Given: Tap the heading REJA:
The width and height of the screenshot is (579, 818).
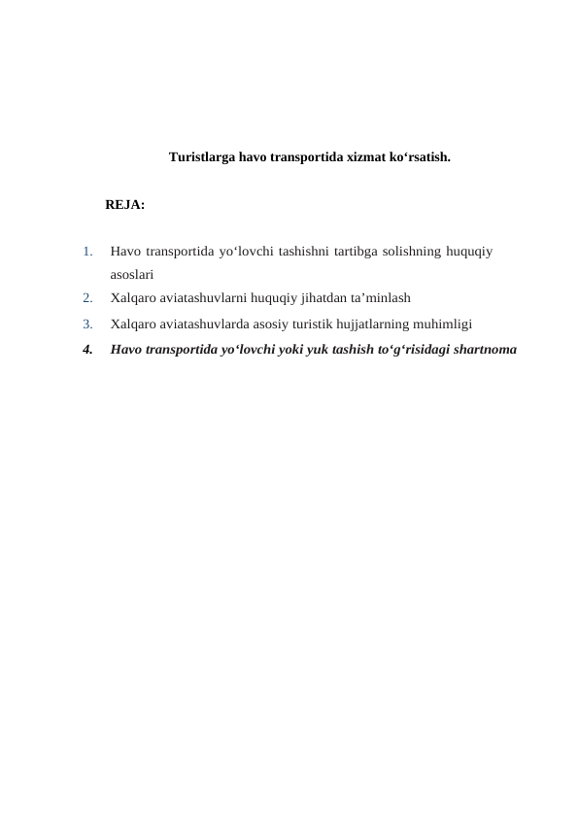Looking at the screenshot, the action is [125, 206].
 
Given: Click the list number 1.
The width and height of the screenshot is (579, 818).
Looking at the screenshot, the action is [87, 253].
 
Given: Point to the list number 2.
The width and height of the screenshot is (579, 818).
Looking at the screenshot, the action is [87, 298].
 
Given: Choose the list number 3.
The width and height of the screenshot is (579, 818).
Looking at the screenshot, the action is [87, 324].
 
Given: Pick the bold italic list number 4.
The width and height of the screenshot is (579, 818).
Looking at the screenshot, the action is [87, 350].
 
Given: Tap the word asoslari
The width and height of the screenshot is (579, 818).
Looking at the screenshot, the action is [132, 275].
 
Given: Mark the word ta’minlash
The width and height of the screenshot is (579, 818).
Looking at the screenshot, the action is [386, 298].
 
